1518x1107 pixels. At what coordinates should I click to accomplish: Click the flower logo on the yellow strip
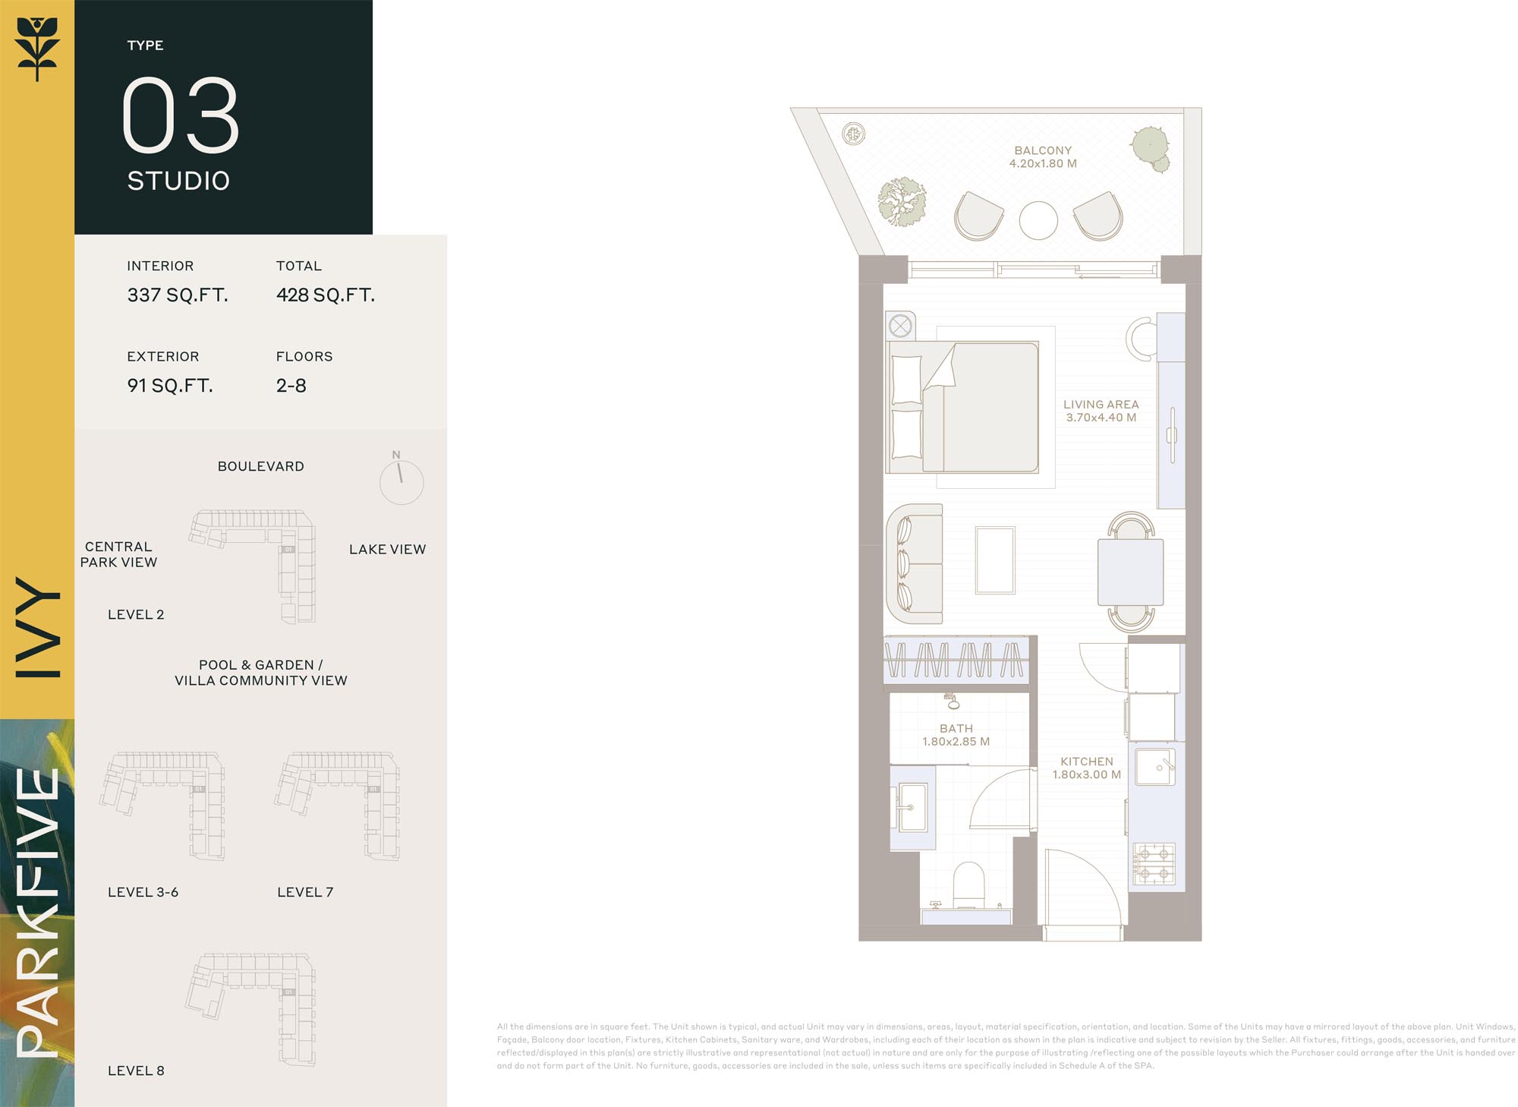(37, 49)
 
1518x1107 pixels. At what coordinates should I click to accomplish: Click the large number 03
(181, 115)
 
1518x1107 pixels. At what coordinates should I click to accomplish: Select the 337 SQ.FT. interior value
(178, 295)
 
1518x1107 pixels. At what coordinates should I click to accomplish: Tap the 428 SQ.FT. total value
(326, 295)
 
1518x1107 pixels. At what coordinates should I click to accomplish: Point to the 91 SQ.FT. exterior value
(170, 385)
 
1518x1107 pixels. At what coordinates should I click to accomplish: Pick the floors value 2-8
(291, 385)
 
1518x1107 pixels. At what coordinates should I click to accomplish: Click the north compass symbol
(401, 481)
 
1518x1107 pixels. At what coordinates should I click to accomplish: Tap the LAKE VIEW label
(387, 549)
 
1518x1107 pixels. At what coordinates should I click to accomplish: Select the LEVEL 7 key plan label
(305, 892)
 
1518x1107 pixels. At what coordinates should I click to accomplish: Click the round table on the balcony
(1038, 221)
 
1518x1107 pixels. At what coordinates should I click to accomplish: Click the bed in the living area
(962, 407)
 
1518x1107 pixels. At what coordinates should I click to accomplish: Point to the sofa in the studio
(915, 563)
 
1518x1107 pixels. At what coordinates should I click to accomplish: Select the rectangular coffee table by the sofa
(995, 560)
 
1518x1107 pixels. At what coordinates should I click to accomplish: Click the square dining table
(1131, 572)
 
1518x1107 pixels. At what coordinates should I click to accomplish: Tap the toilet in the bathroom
(968, 885)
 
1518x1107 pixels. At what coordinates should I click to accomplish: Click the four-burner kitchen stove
(1154, 865)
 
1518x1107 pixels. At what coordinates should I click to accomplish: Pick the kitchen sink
(1155, 768)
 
